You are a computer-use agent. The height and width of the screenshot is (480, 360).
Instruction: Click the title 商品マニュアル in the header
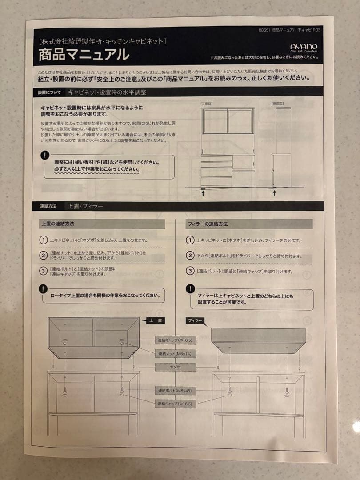84,55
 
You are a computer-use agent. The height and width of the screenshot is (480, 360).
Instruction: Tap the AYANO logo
304,48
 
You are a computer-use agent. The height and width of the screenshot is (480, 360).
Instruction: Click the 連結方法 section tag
48,206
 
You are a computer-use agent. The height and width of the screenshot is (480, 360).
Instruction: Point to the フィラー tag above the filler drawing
196,320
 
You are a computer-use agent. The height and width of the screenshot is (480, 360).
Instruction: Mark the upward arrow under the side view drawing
275,193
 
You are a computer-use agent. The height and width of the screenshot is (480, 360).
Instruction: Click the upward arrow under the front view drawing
204,193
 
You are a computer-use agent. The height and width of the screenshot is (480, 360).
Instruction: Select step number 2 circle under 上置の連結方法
43,255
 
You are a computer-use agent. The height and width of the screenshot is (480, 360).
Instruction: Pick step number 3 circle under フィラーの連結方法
190,271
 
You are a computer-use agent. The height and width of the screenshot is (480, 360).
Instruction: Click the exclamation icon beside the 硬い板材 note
45,155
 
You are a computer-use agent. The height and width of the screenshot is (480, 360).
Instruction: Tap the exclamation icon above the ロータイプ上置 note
43,288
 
